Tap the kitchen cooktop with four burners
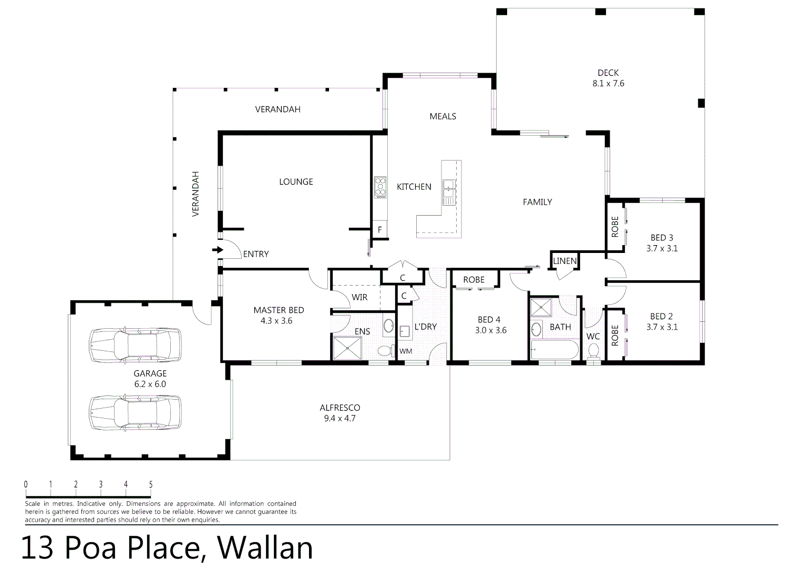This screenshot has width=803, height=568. point(380,187)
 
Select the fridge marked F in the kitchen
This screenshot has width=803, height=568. point(380,230)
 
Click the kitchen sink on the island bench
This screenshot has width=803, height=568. point(449,187)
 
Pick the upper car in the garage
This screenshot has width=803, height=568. point(135,346)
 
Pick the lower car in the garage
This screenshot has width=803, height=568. point(135,412)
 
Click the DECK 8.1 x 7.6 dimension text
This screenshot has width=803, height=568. point(608,84)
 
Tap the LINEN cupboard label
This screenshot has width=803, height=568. point(565,261)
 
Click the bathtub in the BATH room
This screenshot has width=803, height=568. point(554,350)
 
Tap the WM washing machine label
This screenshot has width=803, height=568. point(406,351)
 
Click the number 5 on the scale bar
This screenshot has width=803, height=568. point(151,485)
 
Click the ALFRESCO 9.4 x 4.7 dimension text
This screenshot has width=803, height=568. point(340,419)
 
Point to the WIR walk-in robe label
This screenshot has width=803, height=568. point(359,298)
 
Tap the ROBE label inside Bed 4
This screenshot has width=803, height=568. point(473,280)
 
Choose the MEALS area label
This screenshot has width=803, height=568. point(442,116)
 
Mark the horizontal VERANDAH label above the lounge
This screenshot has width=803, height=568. point(277,109)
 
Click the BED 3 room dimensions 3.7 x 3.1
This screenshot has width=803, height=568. point(662,248)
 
